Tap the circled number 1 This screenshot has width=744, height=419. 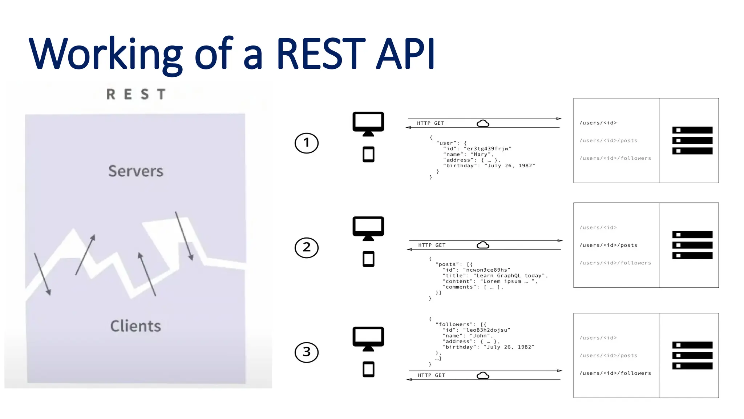[306, 143]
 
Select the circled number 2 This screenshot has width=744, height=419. [306, 248]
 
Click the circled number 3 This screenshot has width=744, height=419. [306, 352]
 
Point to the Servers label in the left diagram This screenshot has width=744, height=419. [136, 171]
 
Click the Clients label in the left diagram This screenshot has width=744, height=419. [136, 326]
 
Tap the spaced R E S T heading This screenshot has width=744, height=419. [136, 94]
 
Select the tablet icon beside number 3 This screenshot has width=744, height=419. [368, 369]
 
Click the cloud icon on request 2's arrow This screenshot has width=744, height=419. [483, 245]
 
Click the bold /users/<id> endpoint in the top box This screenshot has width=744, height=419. [598, 123]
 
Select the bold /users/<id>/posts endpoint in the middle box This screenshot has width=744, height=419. [608, 246]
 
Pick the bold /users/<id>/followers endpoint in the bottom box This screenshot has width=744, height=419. [615, 373]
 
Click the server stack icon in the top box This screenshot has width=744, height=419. [692, 140]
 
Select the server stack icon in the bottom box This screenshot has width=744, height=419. [692, 355]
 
